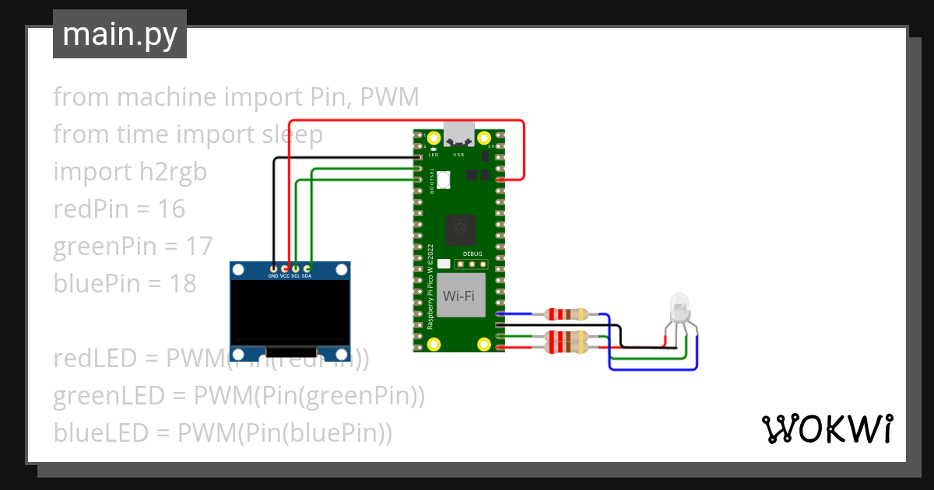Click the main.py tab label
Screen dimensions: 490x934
(x=119, y=34)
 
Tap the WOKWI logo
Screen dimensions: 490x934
(x=826, y=429)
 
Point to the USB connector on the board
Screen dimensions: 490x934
(x=458, y=135)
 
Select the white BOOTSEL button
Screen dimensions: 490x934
(x=444, y=179)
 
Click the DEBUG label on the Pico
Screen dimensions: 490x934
(x=472, y=254)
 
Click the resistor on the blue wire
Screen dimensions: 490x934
(x=567, y=314)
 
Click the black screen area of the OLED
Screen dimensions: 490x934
(x=290, y=311)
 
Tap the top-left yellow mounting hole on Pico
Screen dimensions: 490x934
(x=434, y=141)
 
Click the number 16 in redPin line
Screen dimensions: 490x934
(x=170, y=208)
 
